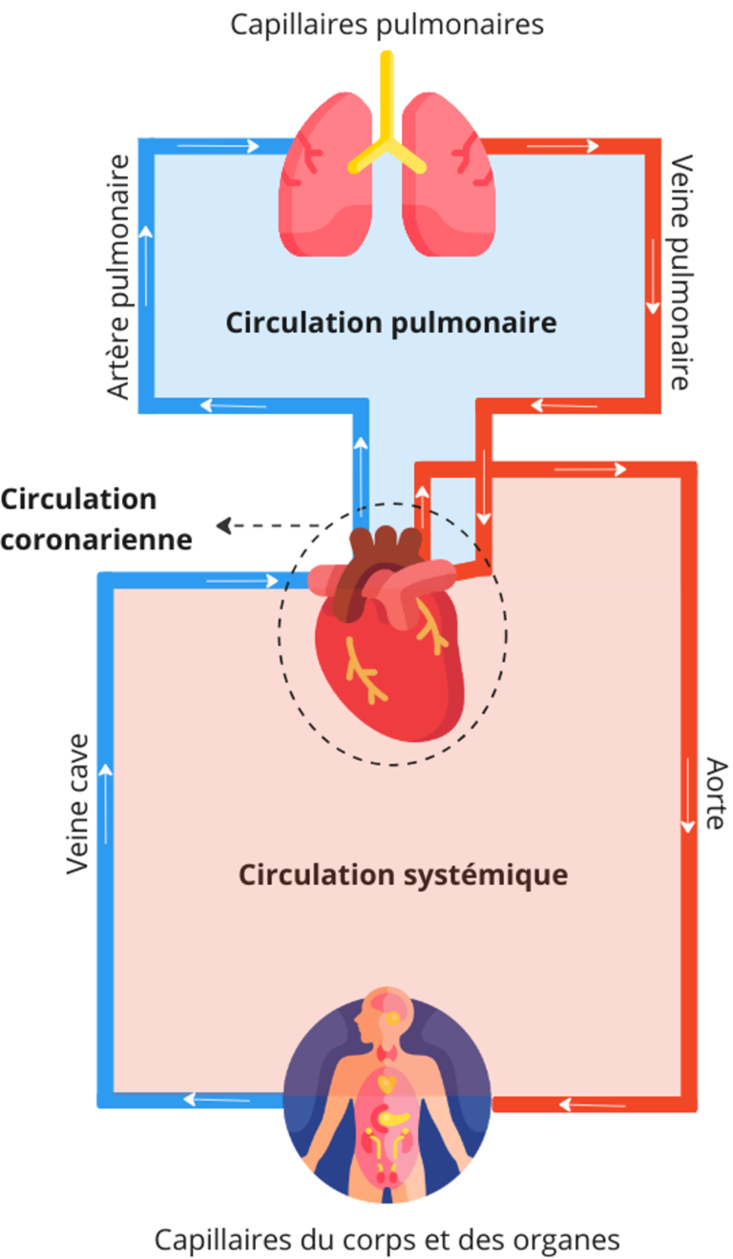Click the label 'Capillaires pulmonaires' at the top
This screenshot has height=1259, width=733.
point(387,24)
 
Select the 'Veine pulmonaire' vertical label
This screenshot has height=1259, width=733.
point(680,272)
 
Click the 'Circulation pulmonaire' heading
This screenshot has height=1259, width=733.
point(390,322)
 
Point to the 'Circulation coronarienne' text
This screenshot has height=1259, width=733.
point(95,520)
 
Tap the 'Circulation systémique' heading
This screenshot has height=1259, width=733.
point(403,874)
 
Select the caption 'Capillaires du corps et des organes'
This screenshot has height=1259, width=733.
point(387,1239)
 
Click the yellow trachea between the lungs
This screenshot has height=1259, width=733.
point(387,124)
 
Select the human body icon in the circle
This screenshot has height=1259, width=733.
point(387,1097)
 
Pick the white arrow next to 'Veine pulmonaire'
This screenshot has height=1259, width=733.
point(653,277)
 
